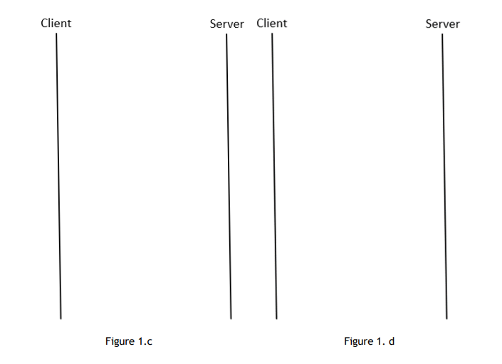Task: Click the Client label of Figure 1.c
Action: (56, 23)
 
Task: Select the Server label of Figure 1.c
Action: (226, 24)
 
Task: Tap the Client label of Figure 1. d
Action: (272, 23)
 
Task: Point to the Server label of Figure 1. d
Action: (442, 24)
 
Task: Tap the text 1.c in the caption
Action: (145, 342)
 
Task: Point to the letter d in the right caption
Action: (392, 342)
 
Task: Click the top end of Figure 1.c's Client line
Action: (56, 33)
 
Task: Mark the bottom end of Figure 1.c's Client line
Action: (61, 318)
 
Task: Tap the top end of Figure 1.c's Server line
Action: (226, 34)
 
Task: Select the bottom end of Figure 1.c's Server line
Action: (231, 318)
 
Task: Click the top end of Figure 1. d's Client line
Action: (272, 33)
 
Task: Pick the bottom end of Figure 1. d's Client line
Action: (276, 318)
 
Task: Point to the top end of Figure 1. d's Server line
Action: (442, 34)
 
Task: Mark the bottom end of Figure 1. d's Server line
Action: (446, 318)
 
